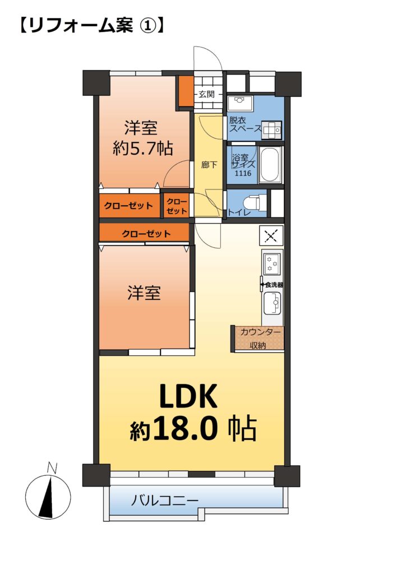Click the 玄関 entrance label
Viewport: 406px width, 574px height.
point(206,94)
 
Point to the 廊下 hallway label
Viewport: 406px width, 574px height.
point(209,165)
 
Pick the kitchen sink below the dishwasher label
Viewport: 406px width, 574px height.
point(273,303)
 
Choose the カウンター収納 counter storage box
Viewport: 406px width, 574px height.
point(258,339)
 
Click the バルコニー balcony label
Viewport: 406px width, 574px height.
point(165,499)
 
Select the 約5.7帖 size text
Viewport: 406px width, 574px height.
point(143,149)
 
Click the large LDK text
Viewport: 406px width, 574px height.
point(188,396)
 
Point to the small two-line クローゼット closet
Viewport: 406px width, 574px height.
point(177,206)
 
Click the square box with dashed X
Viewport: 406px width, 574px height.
point(271,235)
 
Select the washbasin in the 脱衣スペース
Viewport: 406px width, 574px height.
point(239,103)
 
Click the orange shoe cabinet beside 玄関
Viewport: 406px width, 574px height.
point(186,91)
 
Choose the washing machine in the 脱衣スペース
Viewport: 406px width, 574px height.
point(271,130)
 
